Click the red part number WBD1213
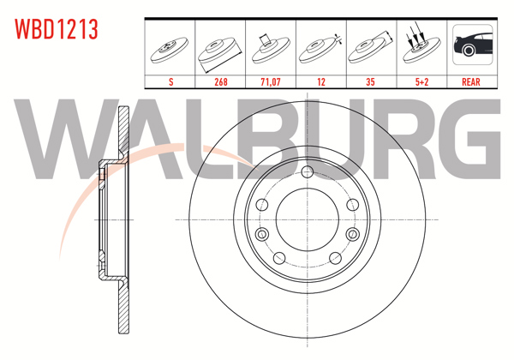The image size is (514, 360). tap(57, 29)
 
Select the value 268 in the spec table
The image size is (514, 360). tap(221, 81)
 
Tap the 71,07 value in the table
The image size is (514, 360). tap(271, 81)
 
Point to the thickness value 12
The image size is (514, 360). tap(321, 81)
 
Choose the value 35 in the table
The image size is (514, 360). tap(370, 81)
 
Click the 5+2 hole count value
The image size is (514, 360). tap(421, 81)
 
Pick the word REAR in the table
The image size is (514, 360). tap(470, 81)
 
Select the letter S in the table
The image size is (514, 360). tap(170, 81)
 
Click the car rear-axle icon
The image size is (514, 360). tap(472, 45)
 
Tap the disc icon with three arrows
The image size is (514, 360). tap(421, 46)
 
